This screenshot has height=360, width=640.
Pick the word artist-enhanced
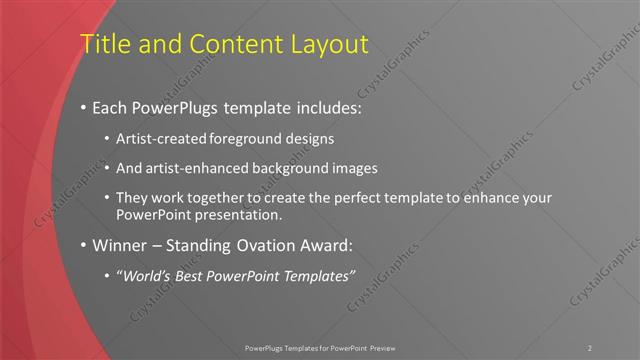click(193, 168)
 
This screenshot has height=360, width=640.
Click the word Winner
click(118, 245)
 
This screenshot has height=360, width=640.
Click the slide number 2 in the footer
click(590, 347)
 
